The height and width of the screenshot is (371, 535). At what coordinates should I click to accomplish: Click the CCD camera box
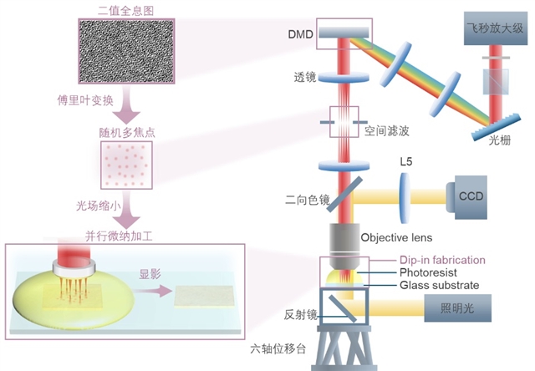point(466,197)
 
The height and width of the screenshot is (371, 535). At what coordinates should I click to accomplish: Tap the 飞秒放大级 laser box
point(496,28)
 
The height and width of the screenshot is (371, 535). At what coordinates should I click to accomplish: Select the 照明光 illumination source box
point(457,308)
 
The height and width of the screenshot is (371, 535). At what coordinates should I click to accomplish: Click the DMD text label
point(300,34)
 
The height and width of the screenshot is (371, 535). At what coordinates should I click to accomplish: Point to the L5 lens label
point(406,161)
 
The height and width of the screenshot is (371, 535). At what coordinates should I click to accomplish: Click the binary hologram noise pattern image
point(126,51)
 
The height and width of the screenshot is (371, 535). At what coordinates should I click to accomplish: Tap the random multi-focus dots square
point(126,165)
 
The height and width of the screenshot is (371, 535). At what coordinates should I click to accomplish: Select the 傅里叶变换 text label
point(85,100)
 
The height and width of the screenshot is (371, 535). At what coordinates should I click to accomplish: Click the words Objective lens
point(396,237)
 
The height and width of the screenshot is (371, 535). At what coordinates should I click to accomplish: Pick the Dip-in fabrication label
point(442,260)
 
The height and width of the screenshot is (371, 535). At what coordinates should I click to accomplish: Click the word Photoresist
point(428,272)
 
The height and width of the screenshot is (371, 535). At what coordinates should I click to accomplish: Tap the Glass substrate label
point(439,285)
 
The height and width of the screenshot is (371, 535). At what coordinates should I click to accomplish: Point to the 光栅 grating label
point(500,140)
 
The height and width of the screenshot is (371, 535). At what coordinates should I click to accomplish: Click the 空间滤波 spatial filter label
point(386,130)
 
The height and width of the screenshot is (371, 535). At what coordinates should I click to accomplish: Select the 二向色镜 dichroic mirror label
point(307,200)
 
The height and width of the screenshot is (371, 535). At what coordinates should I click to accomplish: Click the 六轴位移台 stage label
point(278,348)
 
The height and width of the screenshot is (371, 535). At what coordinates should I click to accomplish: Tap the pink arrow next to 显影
point(152,291)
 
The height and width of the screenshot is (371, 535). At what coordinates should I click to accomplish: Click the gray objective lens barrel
point(344,246)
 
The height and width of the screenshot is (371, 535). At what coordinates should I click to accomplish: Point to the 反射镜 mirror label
point(300,315)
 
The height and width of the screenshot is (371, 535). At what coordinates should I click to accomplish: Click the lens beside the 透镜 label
point(344,78)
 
